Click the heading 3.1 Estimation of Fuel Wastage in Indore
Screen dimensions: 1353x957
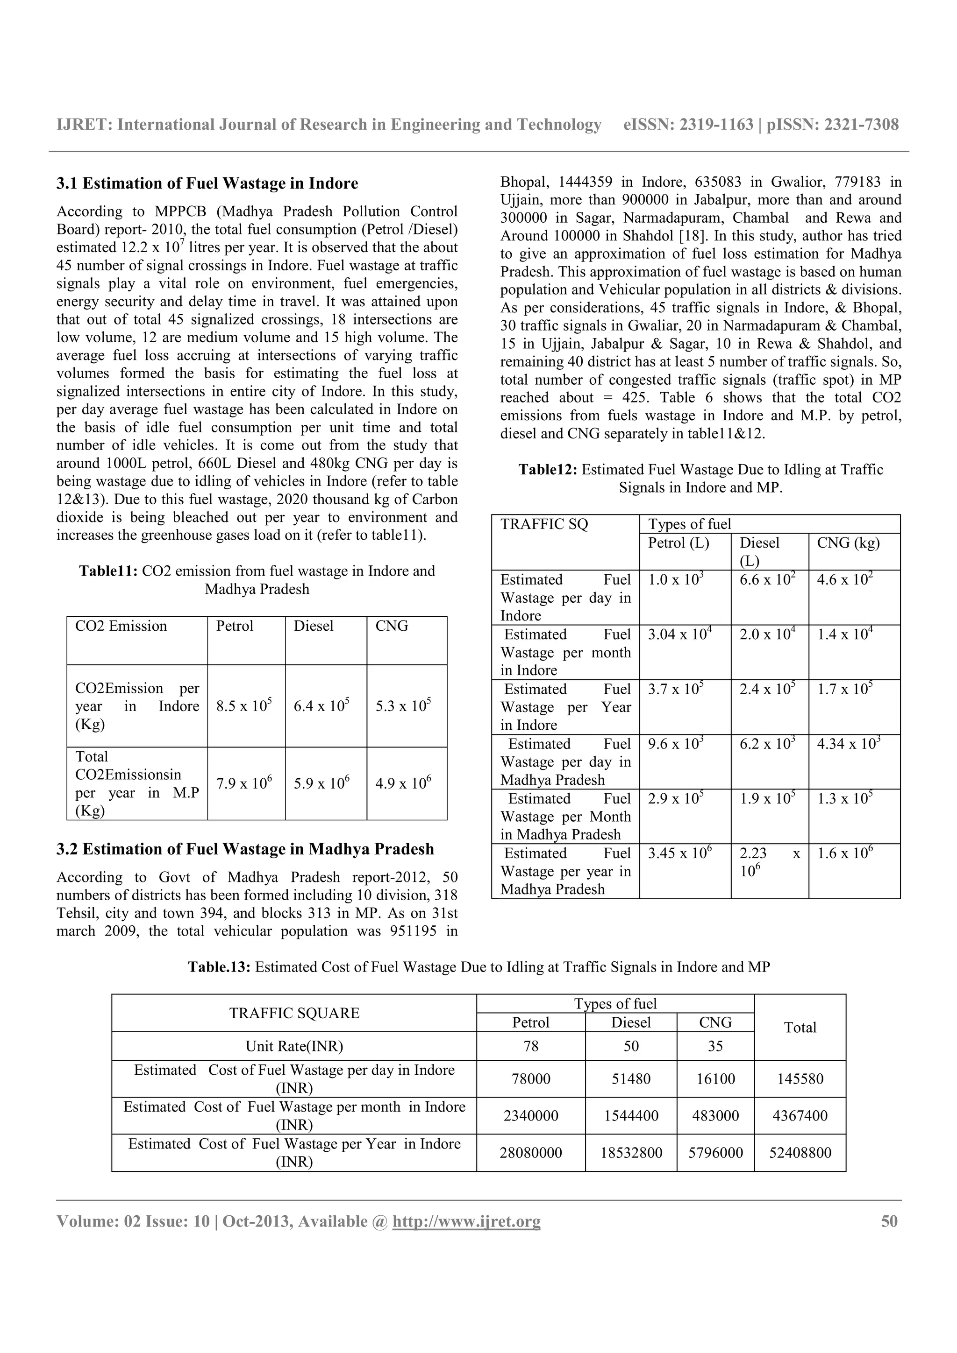coord(207,183)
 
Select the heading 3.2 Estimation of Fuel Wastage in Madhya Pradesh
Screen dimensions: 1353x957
coord(245,849)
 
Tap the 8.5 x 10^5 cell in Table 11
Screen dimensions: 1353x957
coord(243,706)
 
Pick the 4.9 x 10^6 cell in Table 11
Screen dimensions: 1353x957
coord(403,784)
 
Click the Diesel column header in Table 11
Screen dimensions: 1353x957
coord(313,626)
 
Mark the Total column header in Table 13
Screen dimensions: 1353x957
coord(800,1027)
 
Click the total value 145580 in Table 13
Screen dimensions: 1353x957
coord(800,1079)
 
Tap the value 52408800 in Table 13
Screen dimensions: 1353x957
coord(800,1153)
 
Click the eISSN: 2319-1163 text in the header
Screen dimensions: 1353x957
coord(688,124)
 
